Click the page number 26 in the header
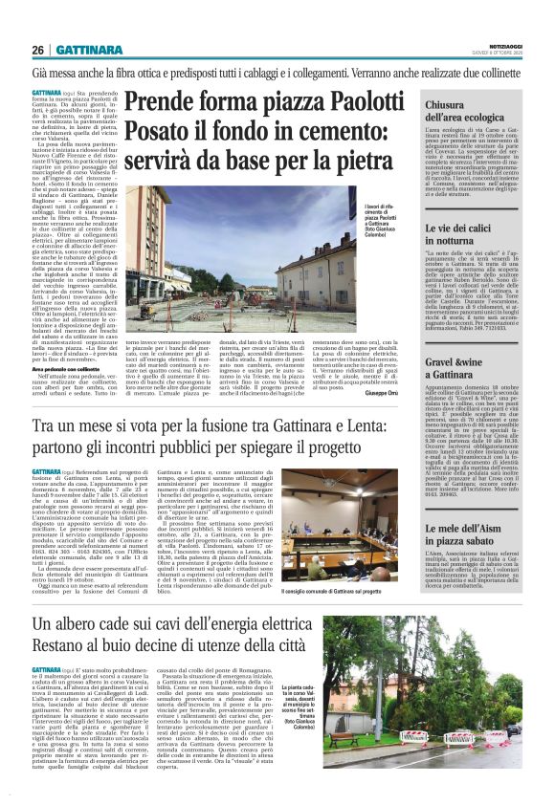point(38,50)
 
